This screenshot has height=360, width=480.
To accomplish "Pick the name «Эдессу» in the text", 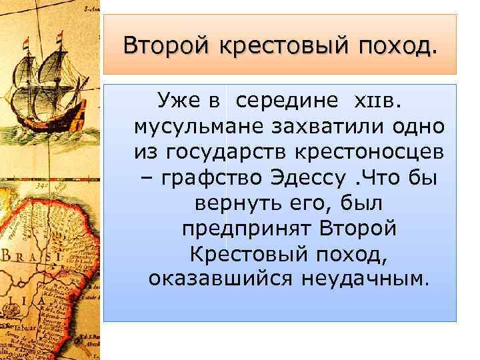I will click(x=309, y=177).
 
